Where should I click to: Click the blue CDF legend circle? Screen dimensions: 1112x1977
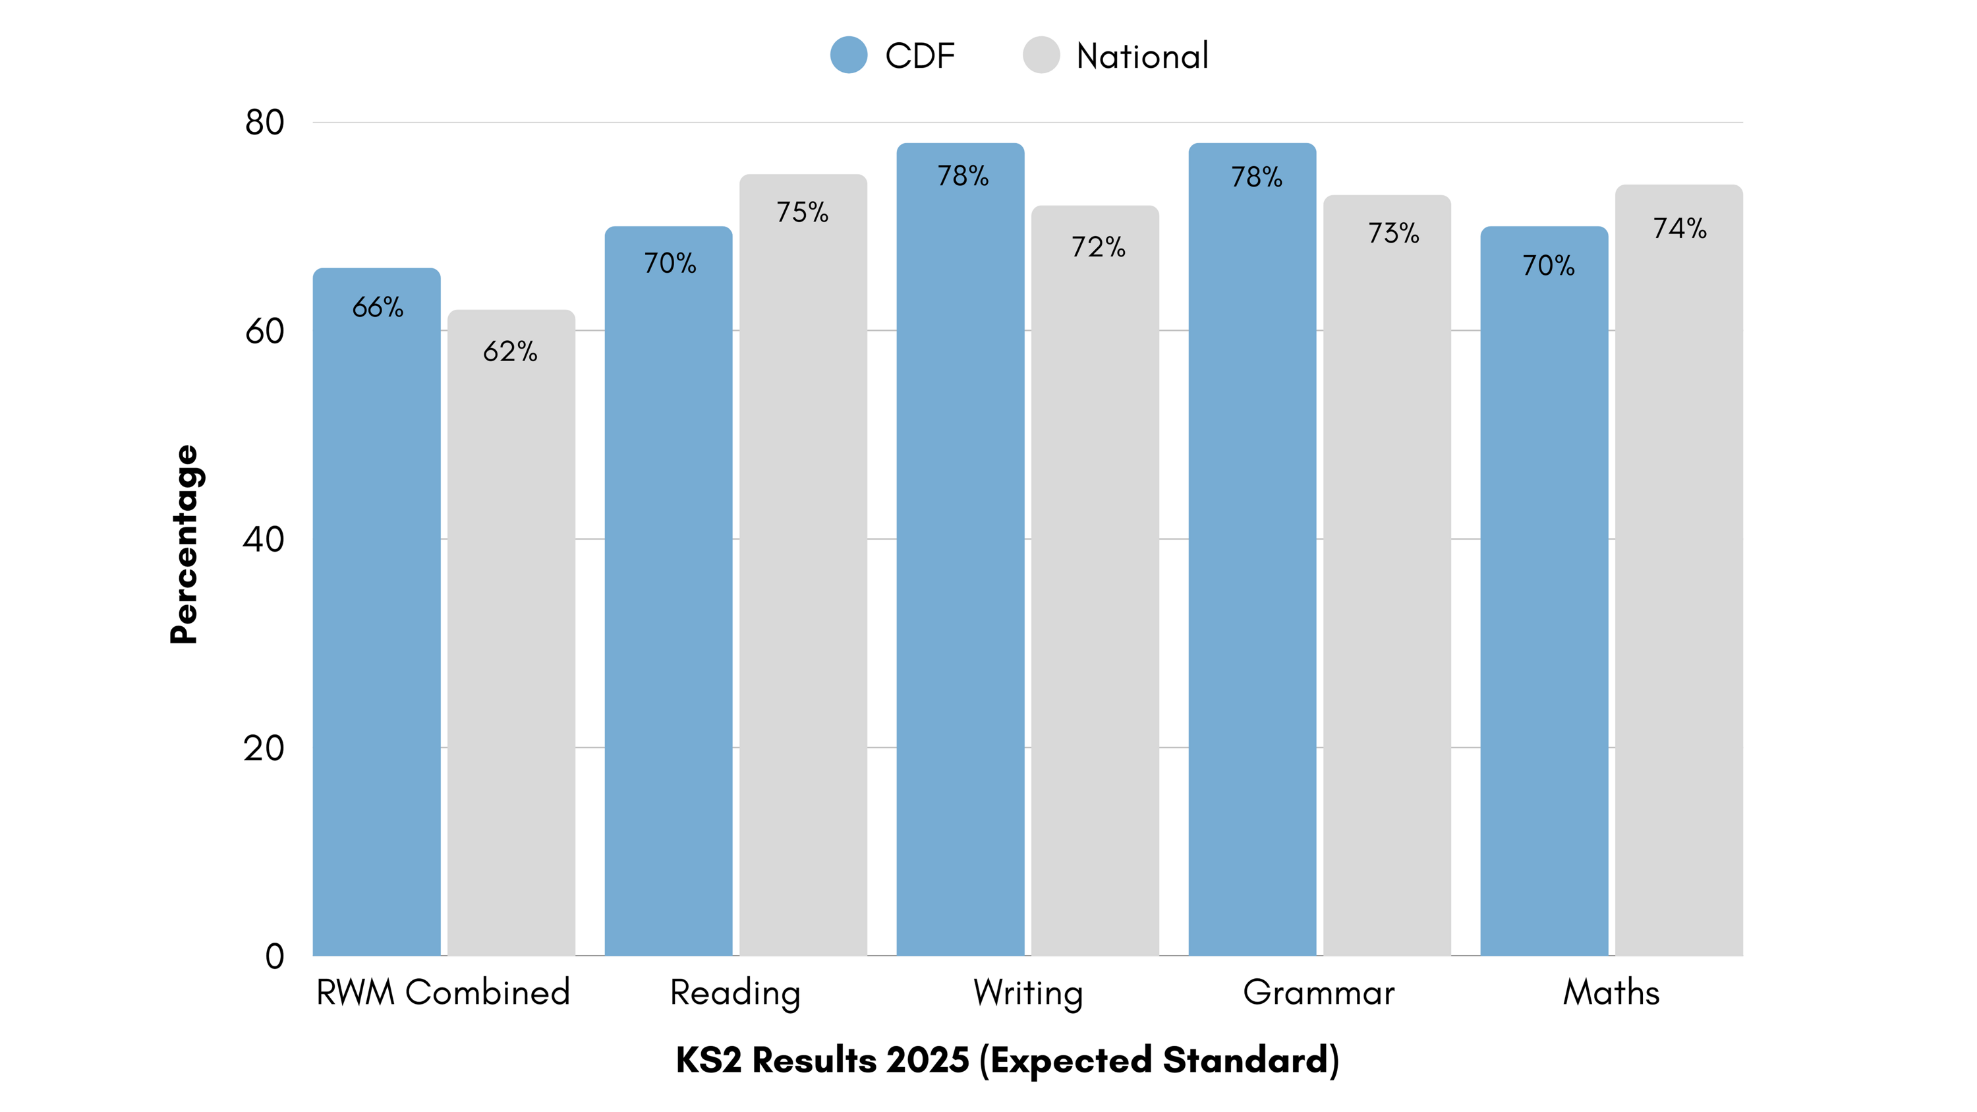pyautogui.click(x=849, y=55)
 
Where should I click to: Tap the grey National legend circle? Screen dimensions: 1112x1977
pyautogui.click(x=1041, y=55)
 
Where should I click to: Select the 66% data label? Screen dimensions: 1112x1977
pyautogui.click(x=378, y=308)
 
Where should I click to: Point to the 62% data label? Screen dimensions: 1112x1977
pyautogui.click(x=510, y=351)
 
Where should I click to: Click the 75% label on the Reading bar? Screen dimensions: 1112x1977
pyautogui.click(x=803, y=212)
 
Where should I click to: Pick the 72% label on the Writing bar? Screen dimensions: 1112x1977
pyautogui.click(x=1099, y=247)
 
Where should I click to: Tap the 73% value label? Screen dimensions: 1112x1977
pyautogui.click(x=1394, y=233)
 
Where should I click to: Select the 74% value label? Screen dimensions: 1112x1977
pyautogui.click(x=1680, y=229)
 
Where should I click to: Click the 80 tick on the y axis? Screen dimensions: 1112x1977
pyautogui.click(x=265, y=123)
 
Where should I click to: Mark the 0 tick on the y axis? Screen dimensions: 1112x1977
pyautogui.click(x=275, y=957)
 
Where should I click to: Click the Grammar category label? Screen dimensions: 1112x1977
pyautogui.click(x=1319, y=993)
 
